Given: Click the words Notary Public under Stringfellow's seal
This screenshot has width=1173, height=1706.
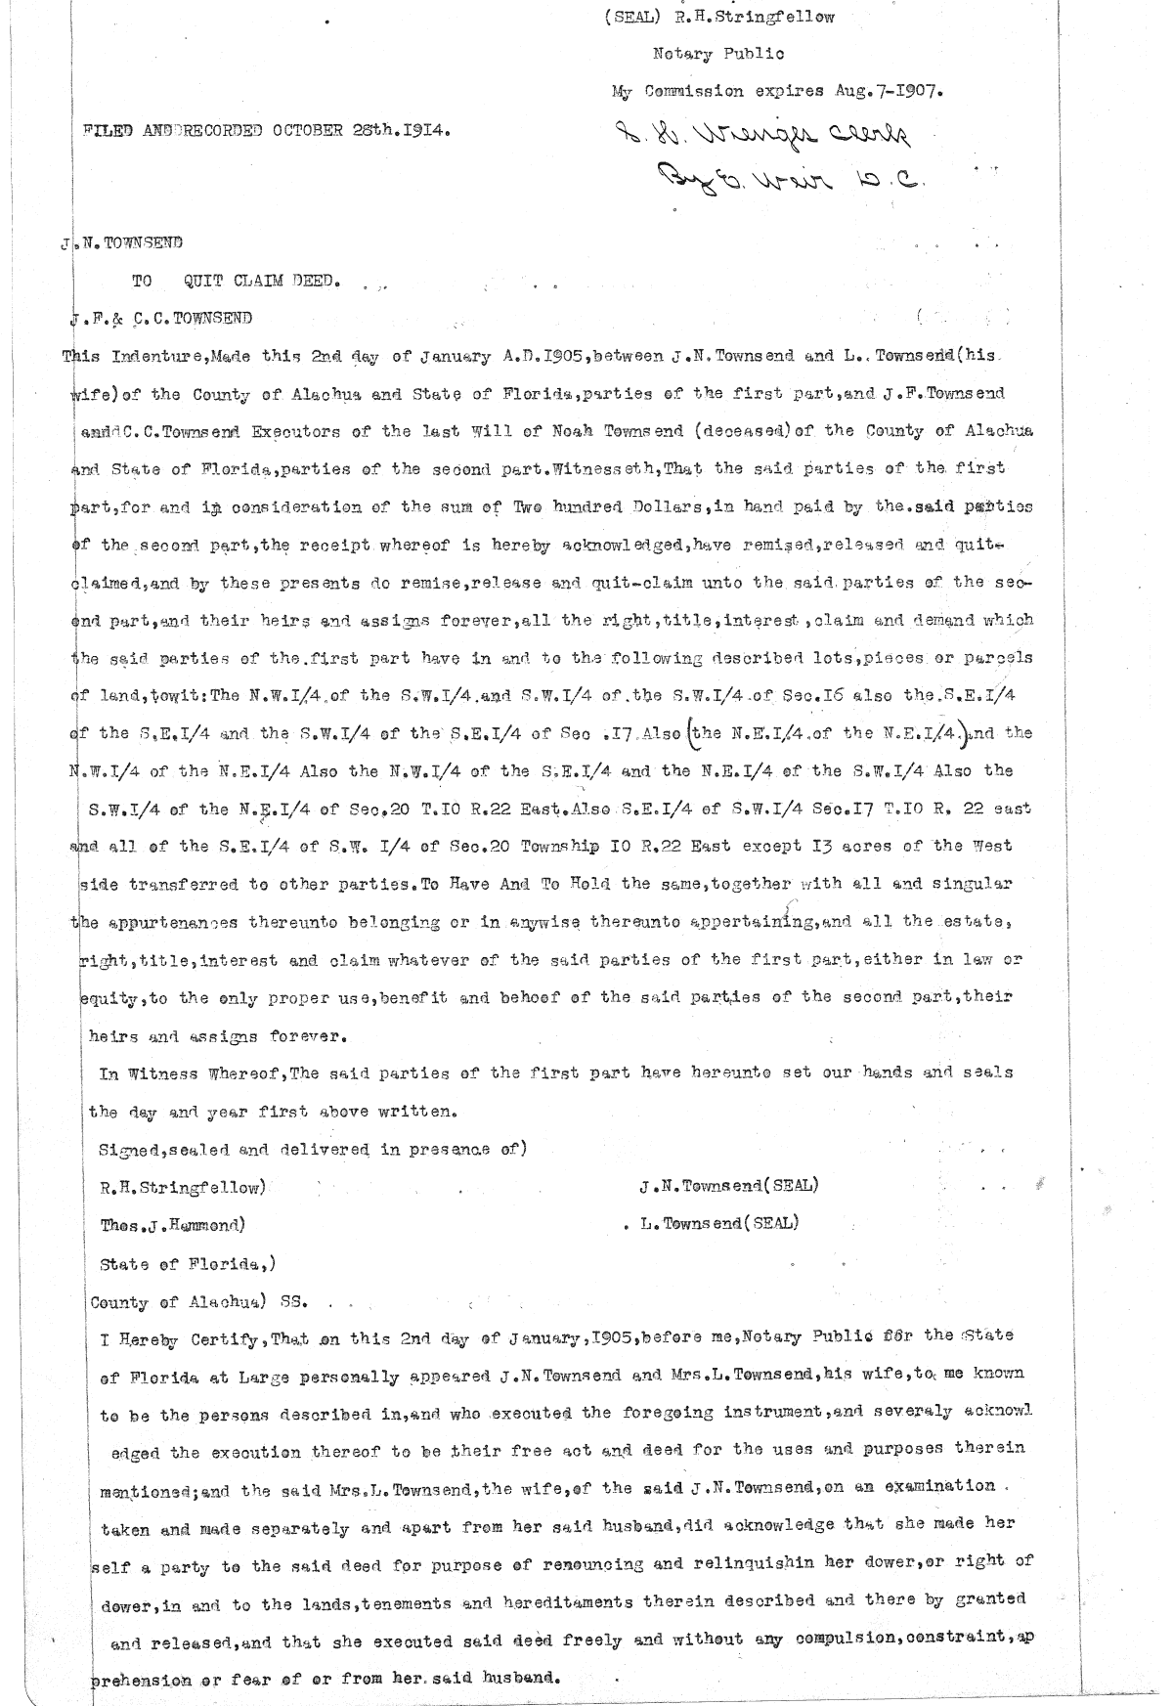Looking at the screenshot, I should point(717,54).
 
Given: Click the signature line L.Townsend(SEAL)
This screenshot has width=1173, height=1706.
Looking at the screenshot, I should point(718,1223).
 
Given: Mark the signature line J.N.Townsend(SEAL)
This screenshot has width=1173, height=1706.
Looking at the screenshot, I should point(728,1186).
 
